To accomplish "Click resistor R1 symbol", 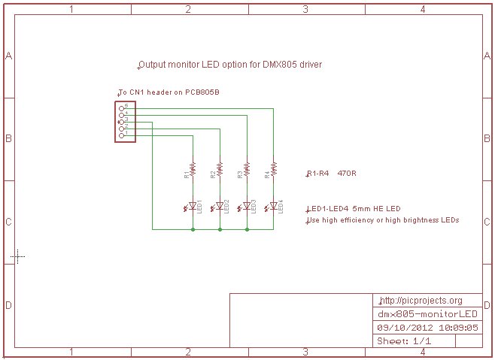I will pyautogui.click(x=193, y=170).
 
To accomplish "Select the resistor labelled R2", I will pyautogui.click(x=220, y=170).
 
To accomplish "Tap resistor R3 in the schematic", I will pyautogui.click(x=247, y=170).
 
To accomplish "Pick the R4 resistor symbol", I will pyautogui.click(x=274, y=170).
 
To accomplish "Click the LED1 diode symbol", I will pyautogui.click(x=193, y=205).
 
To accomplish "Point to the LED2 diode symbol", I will pyautogui.click(x=220, y=205).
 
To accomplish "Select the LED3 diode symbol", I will pyautogui.click(x=247, y=205).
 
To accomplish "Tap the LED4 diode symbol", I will pyautogui.click(x=274, y=205).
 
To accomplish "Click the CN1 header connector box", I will pyautogui.click(x=125, y=120).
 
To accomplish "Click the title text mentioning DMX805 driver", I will pyautogui.click(x=230, y=65).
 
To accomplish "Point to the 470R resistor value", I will pyautogui.click(x=347, y=174).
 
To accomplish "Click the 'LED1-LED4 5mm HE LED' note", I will pyautogui.click(x=353, y=209).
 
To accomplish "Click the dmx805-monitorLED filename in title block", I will pyautogui.click(x=427, y=313).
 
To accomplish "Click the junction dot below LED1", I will pyautogui.click(x=193, y=228).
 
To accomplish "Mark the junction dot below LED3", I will pyautogui.click(x=247, y=228).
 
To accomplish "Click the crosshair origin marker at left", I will pyautogui.click(x=18, y=256).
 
